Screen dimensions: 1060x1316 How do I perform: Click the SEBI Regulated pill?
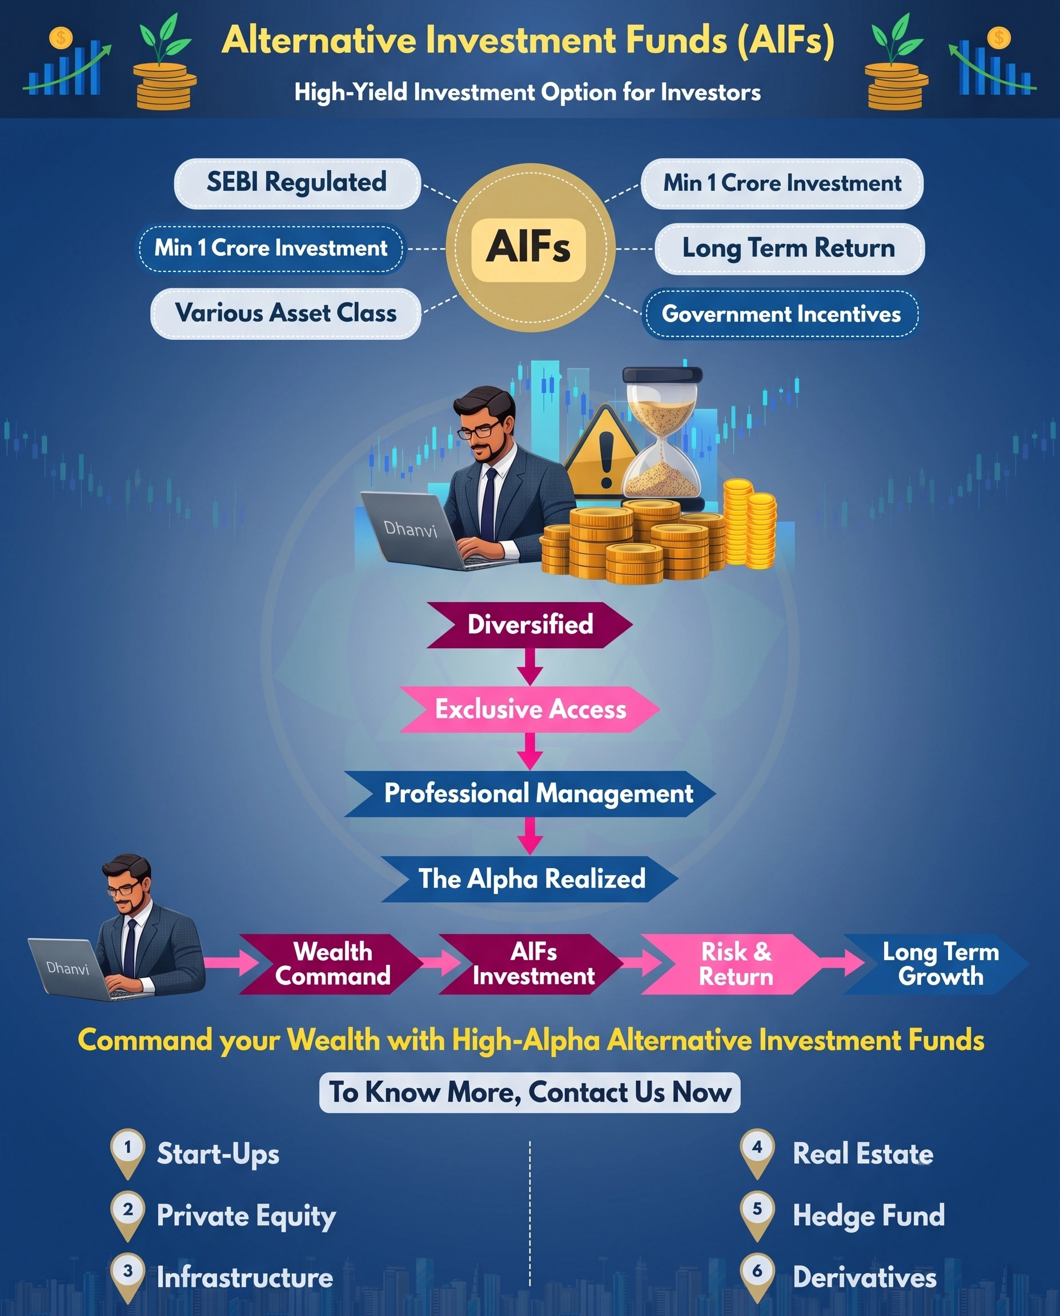tap(298, 183)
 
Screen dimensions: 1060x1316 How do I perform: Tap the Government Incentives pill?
tap(780, 314)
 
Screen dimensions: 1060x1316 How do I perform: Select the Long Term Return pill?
tap(789, 248)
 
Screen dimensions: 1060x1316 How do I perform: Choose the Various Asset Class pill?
tap(286, 313)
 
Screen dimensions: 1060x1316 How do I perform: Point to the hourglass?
tap(662, 439)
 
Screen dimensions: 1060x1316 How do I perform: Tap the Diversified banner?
tap(529, 625)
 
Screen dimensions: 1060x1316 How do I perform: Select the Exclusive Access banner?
tap(529, 709)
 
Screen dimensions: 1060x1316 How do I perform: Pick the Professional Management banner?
tap(529, 794)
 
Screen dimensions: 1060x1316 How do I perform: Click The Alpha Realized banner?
tap(529, 878)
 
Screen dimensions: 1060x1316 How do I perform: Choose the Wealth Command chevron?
tap(332, 964)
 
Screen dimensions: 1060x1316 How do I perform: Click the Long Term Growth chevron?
tap(937, 964)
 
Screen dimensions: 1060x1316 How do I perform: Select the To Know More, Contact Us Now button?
tap(529, 1093)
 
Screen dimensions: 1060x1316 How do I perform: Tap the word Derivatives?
tap(865, 1278)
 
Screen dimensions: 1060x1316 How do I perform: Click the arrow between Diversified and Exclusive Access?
tap(530, 667)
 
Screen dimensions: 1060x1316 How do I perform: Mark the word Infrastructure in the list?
tap(245, 1278)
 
